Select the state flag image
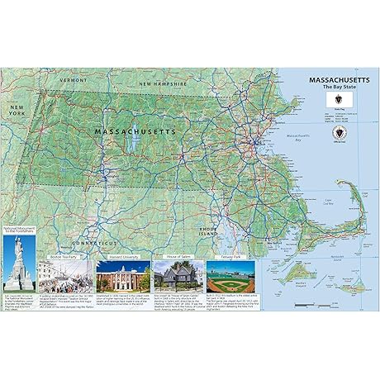(331, 104)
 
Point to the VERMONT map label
(73, 79)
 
